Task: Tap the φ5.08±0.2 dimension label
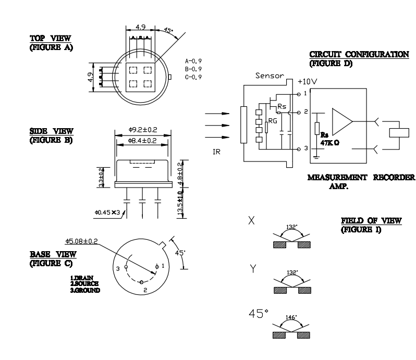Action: coord(85,241)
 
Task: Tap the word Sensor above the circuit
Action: coord(269,76)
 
